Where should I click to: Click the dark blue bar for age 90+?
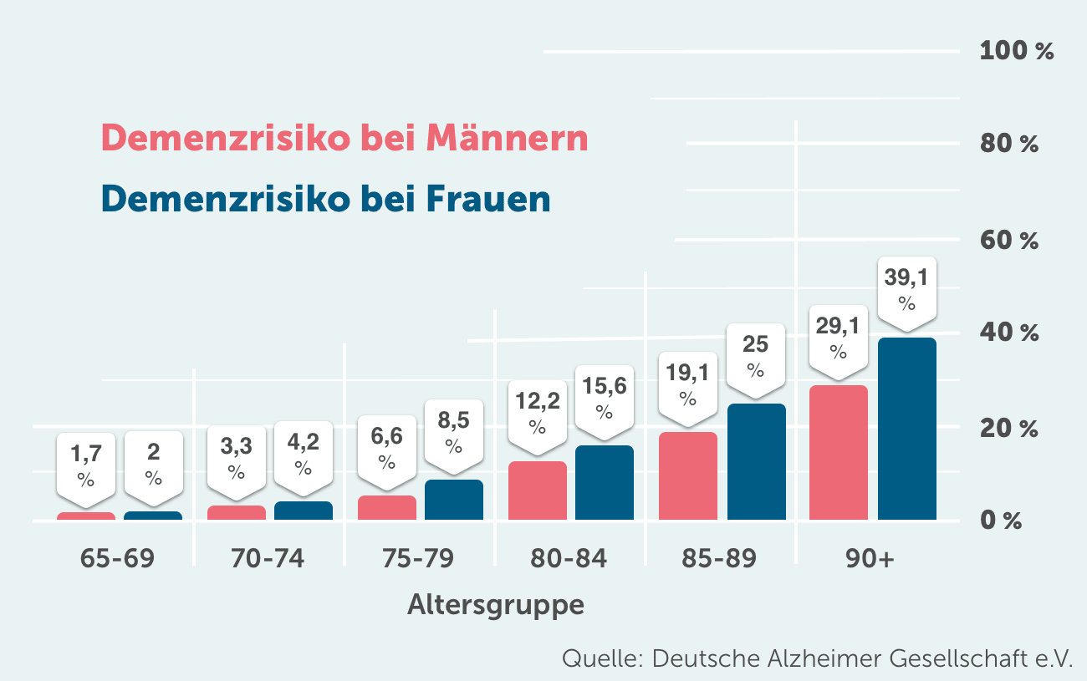tap(906, 429)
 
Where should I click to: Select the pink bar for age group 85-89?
tap(687, 475)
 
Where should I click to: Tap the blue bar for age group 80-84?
tap(604, 482)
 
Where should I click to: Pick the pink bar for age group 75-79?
tap(386, 507)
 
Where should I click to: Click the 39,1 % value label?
tap(906, 289)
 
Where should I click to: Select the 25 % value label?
tap(756, 356)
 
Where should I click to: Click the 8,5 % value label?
tap(453, 432)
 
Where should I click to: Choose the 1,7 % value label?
tap(85, 465)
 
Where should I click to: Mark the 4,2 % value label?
tap(303, 452)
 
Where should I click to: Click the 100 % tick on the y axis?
tap(1016, 51)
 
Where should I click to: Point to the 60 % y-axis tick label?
tap(1009, 241)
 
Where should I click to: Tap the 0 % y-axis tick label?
tap(1001, 521)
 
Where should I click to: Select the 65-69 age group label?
tap(117, 558)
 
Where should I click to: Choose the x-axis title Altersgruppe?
tap(495, 604)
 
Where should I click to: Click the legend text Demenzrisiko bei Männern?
tap(344, 138)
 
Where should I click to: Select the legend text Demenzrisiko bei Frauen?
tap(326, 199)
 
